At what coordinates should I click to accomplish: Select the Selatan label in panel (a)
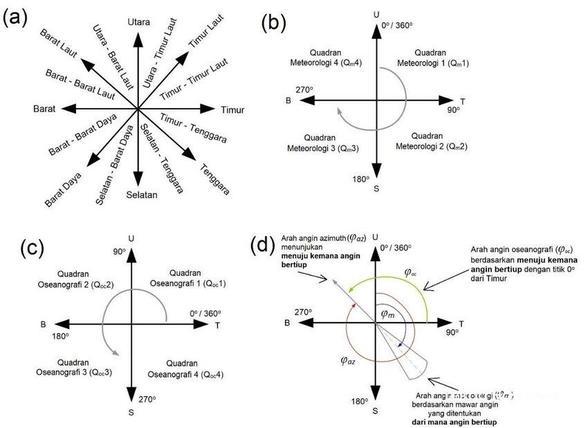pos(142,195)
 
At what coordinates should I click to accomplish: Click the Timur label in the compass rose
pos(232,110)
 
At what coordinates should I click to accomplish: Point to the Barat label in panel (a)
pos(45,109)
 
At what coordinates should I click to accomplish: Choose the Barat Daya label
pos(63,189)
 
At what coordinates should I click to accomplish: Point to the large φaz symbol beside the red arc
pos(349,359)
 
